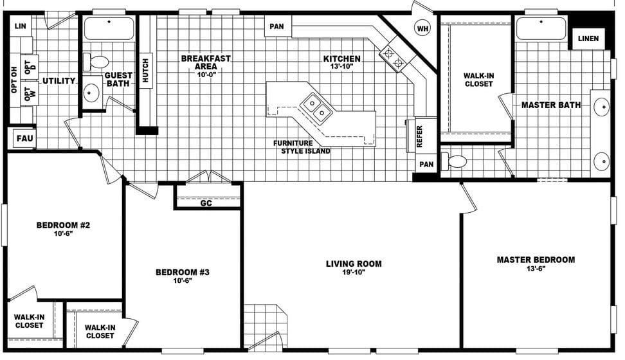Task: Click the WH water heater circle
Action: (x=422, y=28)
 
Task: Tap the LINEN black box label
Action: (x=588, y=39)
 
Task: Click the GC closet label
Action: (x=206, y=203)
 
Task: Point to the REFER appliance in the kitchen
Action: (x=419, y=136)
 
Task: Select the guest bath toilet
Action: (x=97, y=62)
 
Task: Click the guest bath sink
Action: (x=91, y=94)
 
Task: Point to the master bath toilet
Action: (x=458, y=161)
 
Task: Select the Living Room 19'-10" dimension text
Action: (x=354, y=273)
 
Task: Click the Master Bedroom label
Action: (x=536, y=260)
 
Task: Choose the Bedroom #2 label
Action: (x=62, y=225)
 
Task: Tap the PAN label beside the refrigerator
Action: (x=427, y=165)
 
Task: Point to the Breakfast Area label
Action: (x=206, y=62)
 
